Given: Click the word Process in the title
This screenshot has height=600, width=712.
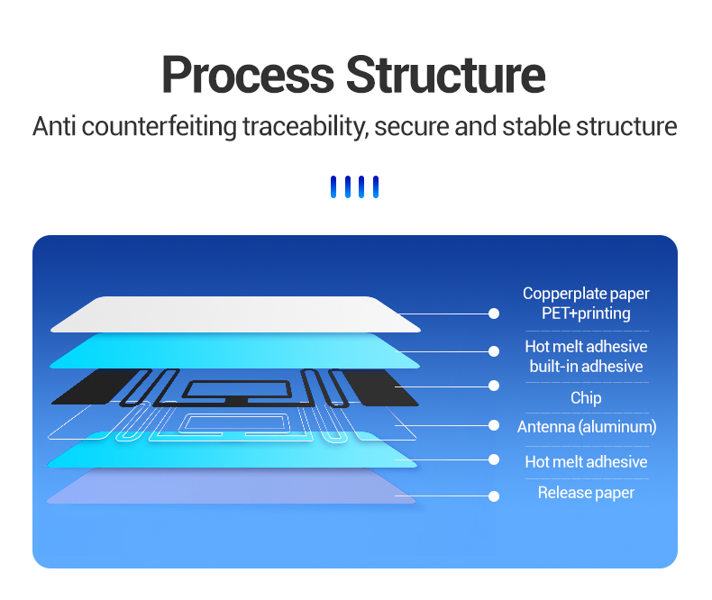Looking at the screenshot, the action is (x=248, y=75).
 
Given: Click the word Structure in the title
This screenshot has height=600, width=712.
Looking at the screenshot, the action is (x=445, y=75).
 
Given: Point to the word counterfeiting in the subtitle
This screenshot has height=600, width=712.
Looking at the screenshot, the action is (x=160, y=127).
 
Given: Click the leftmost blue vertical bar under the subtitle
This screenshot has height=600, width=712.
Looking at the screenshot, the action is (x=333, y=187).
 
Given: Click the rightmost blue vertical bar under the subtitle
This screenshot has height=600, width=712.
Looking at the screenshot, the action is (x=376, y=187).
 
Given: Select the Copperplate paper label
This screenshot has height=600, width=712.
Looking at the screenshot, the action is (x=586, y=294).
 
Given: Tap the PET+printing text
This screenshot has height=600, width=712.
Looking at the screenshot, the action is (x=586, y=314).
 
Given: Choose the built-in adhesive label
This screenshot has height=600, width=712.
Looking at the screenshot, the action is (x=586, y=367).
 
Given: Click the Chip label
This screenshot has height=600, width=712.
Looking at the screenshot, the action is (x=586, y=398).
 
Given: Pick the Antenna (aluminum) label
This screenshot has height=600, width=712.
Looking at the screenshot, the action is (x=587, y=427).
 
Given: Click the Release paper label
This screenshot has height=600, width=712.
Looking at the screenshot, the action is (x=586, y=493).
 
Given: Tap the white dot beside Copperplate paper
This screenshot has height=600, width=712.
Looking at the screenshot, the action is (x=494, y=314).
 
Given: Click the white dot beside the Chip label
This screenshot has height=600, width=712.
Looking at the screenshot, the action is (x=494, y=386).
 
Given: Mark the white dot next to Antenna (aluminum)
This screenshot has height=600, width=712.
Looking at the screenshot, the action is (x=494, y=425).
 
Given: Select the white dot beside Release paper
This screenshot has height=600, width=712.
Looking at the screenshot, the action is (x=494, y=496).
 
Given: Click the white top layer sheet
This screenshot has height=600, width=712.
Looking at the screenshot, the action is (x=235, y=314).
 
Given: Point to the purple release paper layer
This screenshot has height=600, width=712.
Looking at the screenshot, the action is (x=231, y=486).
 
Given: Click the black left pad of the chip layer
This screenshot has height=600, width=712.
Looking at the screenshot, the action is (x=96, y=386).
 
